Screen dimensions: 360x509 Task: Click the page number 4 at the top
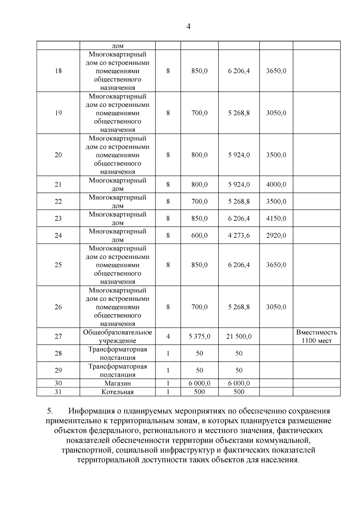click(188, 27)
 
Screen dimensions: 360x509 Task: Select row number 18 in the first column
click(58, 71)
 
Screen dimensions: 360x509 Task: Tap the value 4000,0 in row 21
click(276, 184)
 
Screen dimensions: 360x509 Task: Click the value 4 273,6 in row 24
click(239, 235)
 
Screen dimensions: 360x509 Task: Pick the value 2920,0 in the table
click(276, 235)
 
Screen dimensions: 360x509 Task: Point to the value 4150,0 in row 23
click(276, 218)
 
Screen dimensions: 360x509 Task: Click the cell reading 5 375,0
click(199, 337)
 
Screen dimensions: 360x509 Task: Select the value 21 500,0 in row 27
click(239, 337)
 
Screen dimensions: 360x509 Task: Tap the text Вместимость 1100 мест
click(316, 337)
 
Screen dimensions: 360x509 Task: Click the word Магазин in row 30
click(118, 383)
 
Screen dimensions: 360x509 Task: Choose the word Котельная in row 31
click(118, 392)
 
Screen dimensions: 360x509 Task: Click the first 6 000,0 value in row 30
click(199, 383)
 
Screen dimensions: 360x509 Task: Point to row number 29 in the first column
click(58, 370)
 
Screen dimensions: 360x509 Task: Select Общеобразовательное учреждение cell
click(118, 337)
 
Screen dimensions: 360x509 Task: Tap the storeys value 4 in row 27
click(168, 337)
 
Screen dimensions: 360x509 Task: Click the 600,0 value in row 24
click(199, 235)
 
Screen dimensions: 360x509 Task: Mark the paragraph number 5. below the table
click(50, 411)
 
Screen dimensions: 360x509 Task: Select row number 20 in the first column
click(58, 155)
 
